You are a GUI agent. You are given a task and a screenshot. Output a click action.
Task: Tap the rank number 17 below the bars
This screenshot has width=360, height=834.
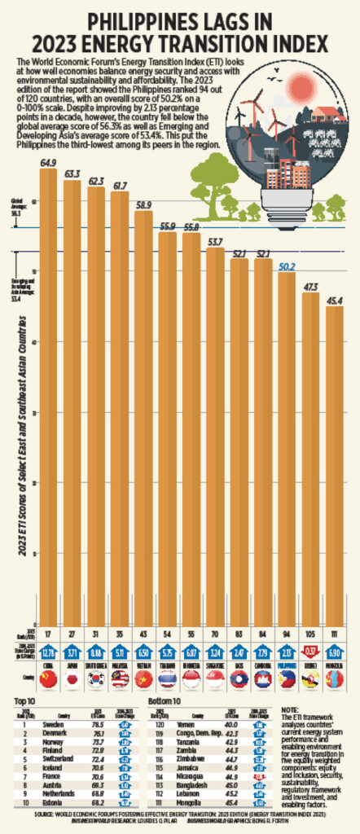tap(48, 632)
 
